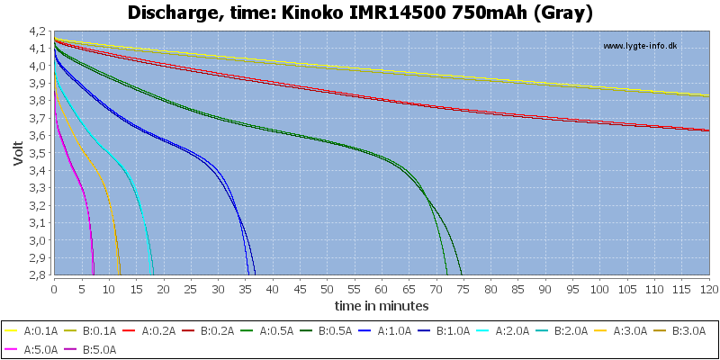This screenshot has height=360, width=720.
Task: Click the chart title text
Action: coord(360,13)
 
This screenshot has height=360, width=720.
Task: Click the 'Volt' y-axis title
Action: coord(18,153)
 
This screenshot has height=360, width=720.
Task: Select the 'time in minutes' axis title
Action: coord(382,305)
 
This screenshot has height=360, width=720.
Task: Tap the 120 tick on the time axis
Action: coord(709,289)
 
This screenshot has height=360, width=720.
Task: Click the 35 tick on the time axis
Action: coord(245,289)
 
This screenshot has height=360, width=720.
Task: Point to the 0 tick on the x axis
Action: coord(54,289)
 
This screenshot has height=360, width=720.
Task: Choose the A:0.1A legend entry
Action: coord(31,330)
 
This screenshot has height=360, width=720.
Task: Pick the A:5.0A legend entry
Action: coord(31,349)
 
